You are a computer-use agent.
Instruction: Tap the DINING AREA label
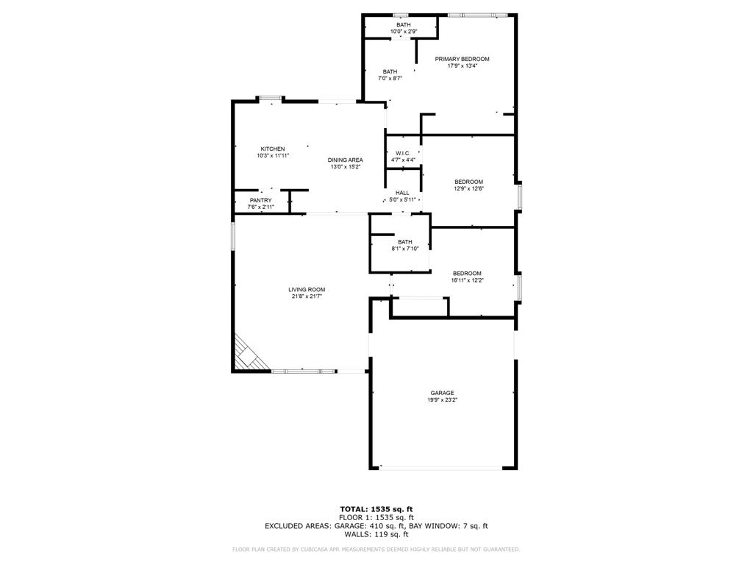click(345, 160)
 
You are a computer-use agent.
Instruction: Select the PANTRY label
click(260, 200)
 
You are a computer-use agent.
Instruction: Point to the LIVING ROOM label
click(306, 290)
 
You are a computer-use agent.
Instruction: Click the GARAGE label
click(442, 393)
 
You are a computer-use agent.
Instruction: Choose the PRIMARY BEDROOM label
click(462, 59)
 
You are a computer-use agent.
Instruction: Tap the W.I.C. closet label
click(402, 153)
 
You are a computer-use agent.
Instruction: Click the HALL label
click(402, 193)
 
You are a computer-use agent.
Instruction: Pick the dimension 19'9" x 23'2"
click(442, 400)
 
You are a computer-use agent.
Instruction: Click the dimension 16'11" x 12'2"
click(467, 280)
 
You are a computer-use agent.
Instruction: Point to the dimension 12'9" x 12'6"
click(468, 189)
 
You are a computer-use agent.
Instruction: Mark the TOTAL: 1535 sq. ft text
click(376, 509)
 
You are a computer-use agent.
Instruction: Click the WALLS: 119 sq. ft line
click(376, 535)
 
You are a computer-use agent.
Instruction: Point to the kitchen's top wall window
click(270, 99)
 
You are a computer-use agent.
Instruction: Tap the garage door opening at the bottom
click(441, 467)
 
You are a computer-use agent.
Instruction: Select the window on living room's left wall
click(233, 236)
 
